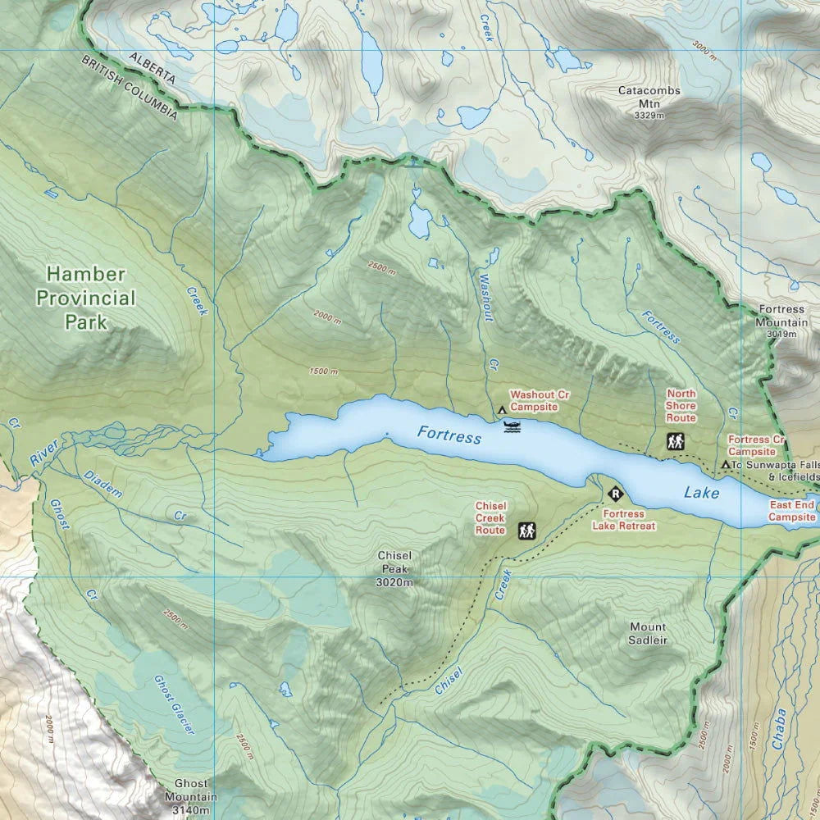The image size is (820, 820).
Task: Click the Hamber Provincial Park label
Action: point(86,297)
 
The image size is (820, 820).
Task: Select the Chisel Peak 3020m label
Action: point(394,568)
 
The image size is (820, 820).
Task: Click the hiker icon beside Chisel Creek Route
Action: point(527,531)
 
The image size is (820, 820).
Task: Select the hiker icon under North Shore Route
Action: point(676,442)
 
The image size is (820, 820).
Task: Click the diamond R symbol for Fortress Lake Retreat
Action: point(615,494)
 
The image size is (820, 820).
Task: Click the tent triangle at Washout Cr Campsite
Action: point(501,408)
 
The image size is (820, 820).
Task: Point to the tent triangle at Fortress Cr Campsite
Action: point(725,465)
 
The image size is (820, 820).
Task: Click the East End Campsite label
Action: point(791,511)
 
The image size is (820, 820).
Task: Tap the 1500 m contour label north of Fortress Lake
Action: point(323,371)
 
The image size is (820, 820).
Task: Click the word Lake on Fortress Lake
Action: point(701,493)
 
